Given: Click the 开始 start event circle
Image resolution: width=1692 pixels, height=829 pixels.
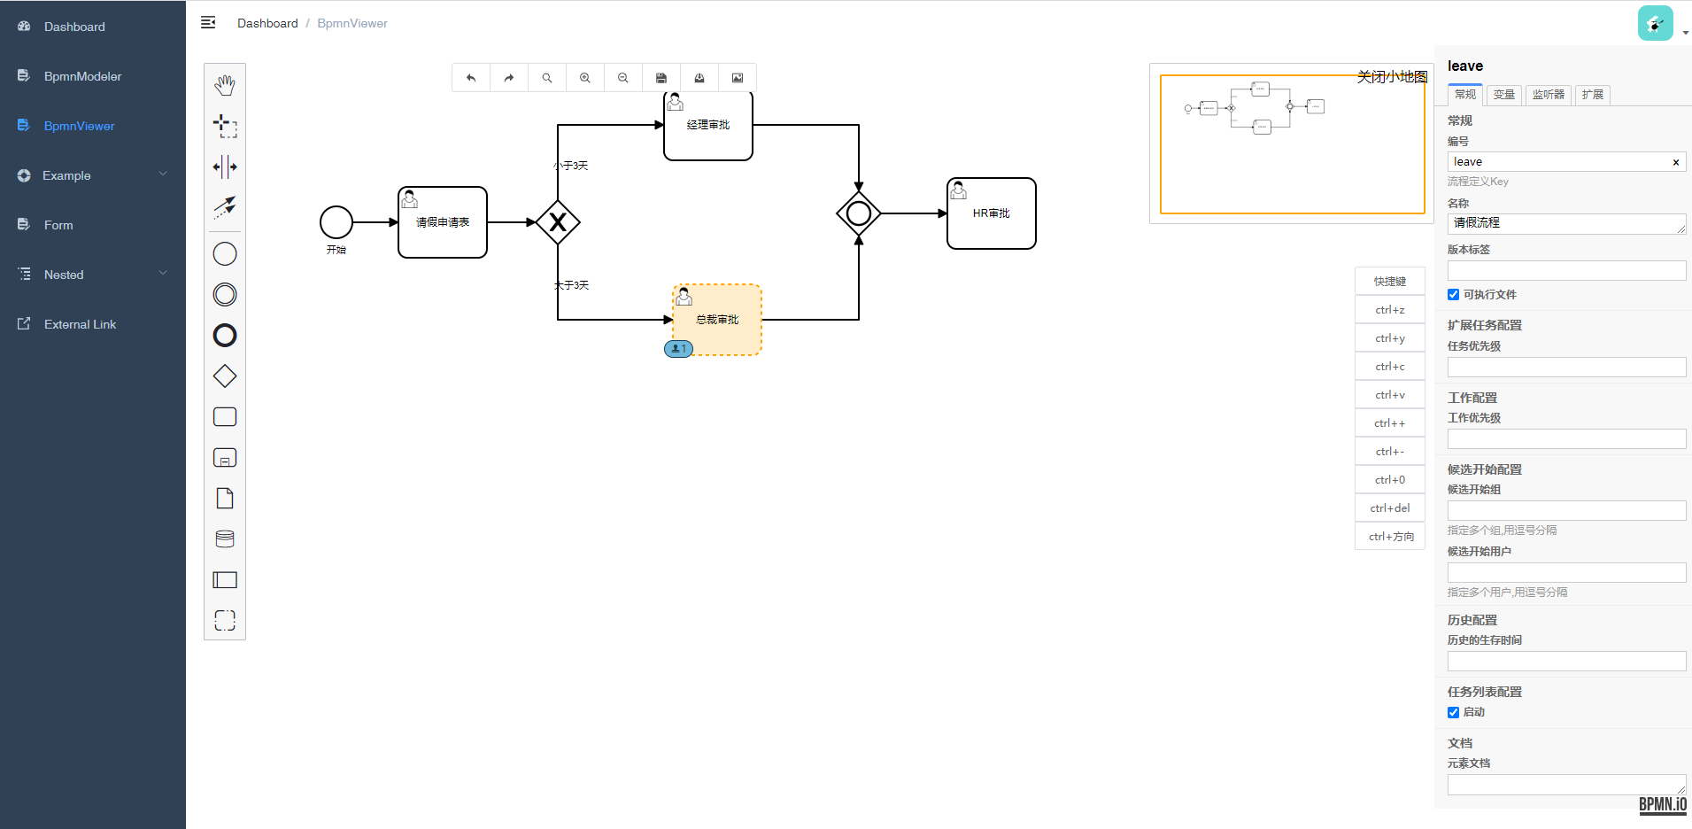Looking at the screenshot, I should tap(336, 222).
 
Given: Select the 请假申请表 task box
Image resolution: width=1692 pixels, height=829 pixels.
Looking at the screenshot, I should tap(443, 222).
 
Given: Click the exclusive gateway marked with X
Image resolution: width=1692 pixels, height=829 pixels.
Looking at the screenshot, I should tap(558, 222).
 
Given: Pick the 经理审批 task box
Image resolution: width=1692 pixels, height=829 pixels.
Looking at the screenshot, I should tap(708, 126).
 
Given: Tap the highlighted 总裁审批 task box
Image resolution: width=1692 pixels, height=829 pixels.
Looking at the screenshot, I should tap(717, 320).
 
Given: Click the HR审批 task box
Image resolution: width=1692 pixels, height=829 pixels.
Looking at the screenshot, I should tap(992, 213).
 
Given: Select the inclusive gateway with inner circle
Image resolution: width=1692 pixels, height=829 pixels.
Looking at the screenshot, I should tap(859, 213).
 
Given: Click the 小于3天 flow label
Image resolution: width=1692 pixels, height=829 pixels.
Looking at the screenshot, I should tap(571, 166).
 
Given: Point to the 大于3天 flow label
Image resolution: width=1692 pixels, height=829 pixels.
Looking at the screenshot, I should tap(571, 285).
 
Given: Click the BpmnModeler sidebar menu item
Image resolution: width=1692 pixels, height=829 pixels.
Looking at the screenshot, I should tap(82, 76).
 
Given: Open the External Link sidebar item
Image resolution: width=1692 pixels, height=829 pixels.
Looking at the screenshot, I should tap(80, 324).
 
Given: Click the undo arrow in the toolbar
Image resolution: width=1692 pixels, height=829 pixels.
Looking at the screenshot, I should tap(471, 78).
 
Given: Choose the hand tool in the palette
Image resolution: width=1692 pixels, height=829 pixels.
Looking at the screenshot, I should tap(225, 85).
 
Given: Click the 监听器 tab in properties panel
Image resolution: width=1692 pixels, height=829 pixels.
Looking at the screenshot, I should tap(1548, 95).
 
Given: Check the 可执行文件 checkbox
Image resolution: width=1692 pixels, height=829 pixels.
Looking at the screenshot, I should tap(1453, 295).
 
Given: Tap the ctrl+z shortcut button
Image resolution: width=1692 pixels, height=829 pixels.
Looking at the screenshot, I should tap(1390, 310).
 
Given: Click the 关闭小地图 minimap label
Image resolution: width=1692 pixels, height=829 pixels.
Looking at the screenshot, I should tap(1392, 77).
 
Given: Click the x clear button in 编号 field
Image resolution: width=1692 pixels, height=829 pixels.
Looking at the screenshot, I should tap(1675, 162).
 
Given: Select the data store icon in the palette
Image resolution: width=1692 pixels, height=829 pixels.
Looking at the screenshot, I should tap(225, 538).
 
